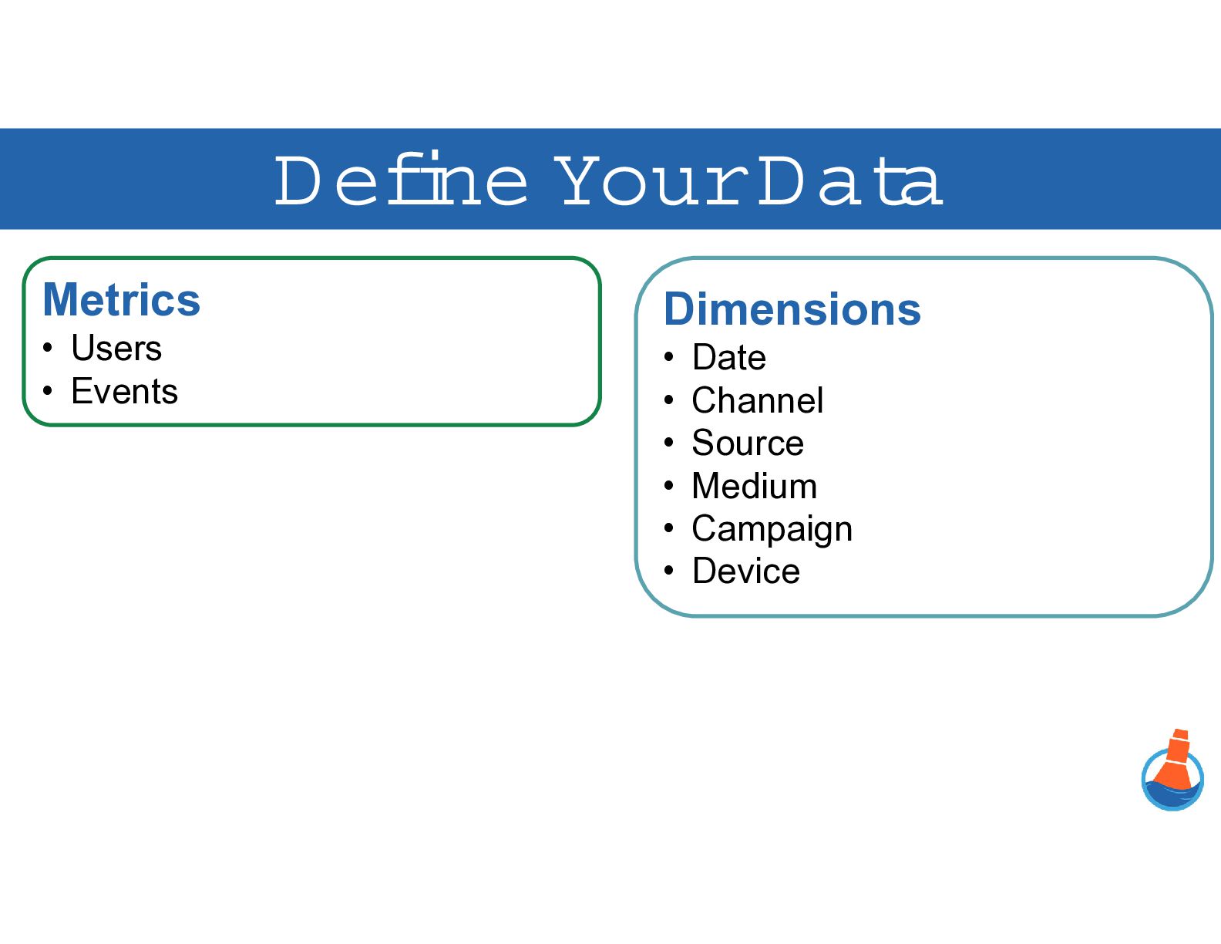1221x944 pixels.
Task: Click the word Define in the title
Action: pyautogui.click(x=401, y=178)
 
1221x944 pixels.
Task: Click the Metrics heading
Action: pyautogui.click(x=121, y=300)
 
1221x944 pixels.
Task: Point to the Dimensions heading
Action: pyautogui.click(x=792, y=310)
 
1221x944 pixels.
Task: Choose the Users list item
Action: pyautogui.click(x=116, y=348)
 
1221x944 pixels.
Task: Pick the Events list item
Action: pyautogui.click(x=124, y=391)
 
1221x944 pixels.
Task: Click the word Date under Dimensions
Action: pyautogui.click(x=728, y=357)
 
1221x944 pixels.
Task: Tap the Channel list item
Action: pyautogui.click(x=758, y=400)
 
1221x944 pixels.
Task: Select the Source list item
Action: pyautogui.click(x=748, y=443)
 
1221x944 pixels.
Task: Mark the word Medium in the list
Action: pyautogui.click(x=754, y=486)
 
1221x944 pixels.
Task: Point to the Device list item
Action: pyautogui.click(x=746, y=571)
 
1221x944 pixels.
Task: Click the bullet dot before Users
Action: pyautogui.click(x=48, y=348)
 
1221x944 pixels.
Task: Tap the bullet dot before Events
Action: pyautogui.click(x=48, y=391)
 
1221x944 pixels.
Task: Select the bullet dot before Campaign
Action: pyautogui.click(x=668, y=528)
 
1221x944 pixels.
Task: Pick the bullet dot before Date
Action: pyautogui.click(x=668, y=357)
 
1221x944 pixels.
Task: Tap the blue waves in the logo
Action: pyautogui.click(x=1172, y=795)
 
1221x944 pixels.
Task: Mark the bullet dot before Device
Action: pyautogui.click(x=668, y=571)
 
